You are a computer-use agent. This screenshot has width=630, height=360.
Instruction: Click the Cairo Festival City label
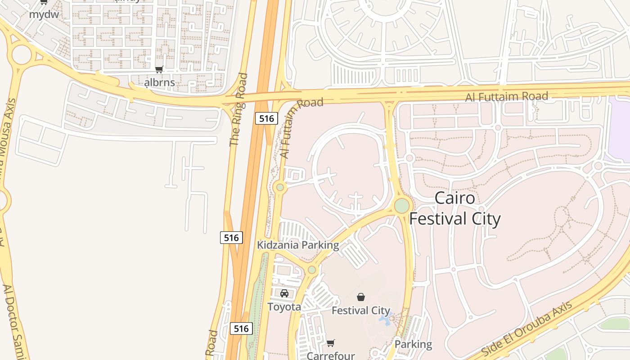click(x=454, y=208)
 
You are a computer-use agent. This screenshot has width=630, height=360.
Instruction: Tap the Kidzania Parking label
click(x=297, y=245)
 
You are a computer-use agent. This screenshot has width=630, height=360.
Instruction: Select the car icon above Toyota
click(x=284, y=293)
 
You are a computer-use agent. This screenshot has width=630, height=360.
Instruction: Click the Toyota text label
click(x=284, y=307)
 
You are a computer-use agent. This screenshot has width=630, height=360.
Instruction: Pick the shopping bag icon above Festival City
click(x=360, y=297)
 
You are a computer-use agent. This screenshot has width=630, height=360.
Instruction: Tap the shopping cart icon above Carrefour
click(x=330, y=343)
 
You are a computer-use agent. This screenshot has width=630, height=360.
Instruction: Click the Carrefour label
click(x=331, y=355)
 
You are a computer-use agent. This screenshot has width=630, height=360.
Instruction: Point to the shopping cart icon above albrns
click(x=159, y=70)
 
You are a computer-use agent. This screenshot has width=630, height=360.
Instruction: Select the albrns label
click(x=159, y=83)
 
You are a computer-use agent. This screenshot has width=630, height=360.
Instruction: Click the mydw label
click(x=44, y=14)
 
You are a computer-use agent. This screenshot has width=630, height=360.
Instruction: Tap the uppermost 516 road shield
click(x=266, y=118)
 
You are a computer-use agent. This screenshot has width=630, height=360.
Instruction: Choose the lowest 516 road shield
click(x=241, y=328)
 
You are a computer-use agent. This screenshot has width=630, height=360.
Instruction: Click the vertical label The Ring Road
click(x=238, y=110)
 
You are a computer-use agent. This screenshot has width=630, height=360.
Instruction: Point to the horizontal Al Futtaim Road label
click(x=506, y=96)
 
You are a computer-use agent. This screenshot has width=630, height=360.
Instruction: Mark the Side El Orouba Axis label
click(x=526, y=329)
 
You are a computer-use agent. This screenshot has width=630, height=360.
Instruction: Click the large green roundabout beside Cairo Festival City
click(x=402, y=206)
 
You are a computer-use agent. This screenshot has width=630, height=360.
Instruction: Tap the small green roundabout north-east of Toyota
click(x=311, y=270)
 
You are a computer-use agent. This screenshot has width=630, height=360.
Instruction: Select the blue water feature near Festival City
click(x=384, y=320)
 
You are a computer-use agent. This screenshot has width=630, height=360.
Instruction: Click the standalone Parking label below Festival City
click(x=413, y=345)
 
